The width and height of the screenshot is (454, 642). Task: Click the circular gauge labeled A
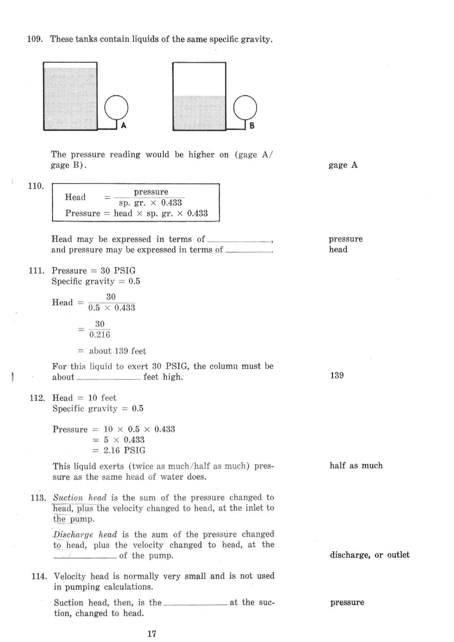click(116, 107)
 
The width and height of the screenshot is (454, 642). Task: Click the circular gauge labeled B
click(245, 107)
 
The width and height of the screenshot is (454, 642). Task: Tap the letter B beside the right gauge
click(252, 126)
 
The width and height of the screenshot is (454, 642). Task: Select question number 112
click(37, 398)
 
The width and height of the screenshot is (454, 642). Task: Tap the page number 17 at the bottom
click(152, 634)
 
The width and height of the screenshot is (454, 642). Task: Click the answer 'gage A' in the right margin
click(343, 165)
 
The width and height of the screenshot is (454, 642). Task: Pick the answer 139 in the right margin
click(337, 375)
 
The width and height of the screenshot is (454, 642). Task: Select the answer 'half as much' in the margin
click(356, 466)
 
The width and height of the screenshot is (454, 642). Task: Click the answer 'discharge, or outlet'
click(369, 555)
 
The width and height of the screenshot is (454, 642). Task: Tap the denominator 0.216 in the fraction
click(100, 335)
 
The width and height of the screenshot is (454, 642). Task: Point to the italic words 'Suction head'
click(80, 498)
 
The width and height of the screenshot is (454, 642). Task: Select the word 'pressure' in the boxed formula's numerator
click(151, 192)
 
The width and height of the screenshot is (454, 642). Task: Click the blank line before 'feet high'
click(109, 377)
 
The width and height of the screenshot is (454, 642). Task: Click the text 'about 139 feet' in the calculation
click(117, 351)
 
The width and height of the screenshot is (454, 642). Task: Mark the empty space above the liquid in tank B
click(199, 79)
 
